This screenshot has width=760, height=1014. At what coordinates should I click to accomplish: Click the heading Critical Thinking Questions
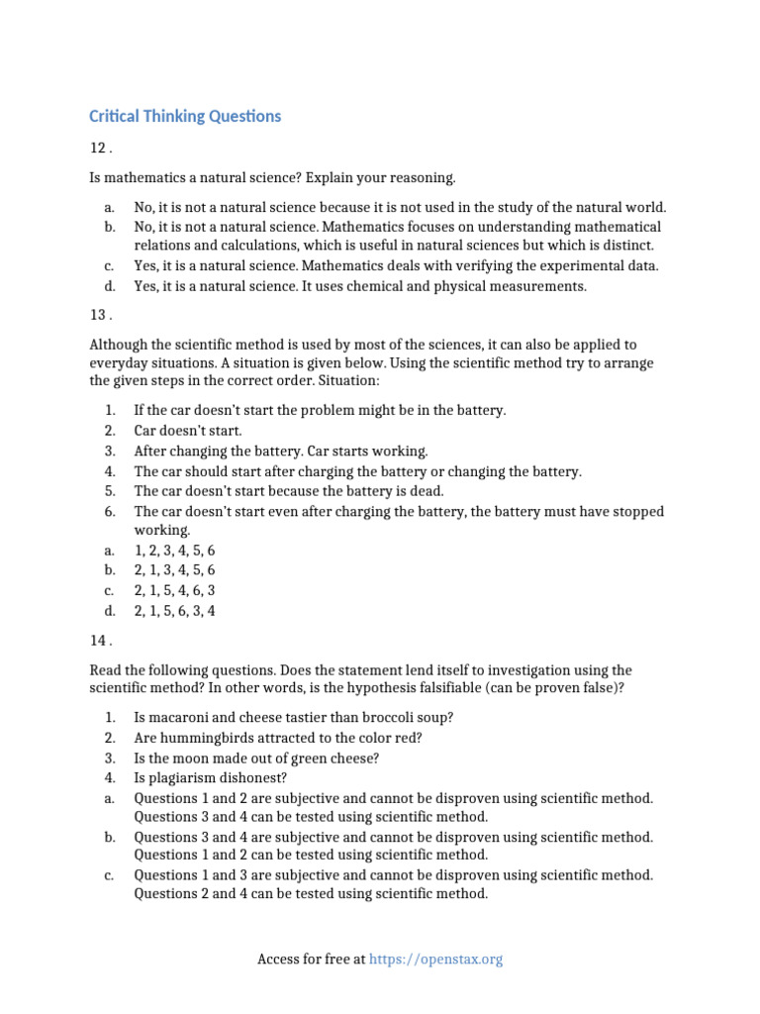pos(185,117)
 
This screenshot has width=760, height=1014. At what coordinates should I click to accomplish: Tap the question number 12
pos(99,148)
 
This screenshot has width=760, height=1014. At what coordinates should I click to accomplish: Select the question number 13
pos(99,316)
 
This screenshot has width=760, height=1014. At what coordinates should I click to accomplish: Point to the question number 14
pos(99,641)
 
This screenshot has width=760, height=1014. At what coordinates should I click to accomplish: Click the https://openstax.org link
pos(435,960)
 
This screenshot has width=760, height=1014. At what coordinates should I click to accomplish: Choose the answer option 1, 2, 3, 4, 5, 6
pos(174,551)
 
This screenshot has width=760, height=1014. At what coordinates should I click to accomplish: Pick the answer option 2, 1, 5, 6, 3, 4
pos(174,611)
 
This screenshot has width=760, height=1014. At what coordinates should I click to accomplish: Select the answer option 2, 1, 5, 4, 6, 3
pos(174,591)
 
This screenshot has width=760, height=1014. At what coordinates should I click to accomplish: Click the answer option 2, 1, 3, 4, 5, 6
pos(174,570)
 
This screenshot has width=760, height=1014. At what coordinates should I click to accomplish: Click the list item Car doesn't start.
pos(187,431)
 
